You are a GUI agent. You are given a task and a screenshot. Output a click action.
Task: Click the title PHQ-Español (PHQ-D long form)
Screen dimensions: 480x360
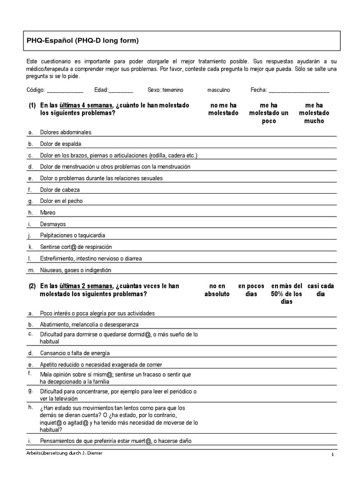(x=82, y=41)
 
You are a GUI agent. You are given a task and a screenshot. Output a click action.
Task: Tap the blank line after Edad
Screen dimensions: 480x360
(x=121, y=90)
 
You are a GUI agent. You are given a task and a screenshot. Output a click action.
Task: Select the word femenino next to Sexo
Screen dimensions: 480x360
(x=173, y=90)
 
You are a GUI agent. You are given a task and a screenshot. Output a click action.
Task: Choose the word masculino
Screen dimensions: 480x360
(x=219, y=90)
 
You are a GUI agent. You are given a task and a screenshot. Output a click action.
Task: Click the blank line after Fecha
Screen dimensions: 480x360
(x=299, y=90)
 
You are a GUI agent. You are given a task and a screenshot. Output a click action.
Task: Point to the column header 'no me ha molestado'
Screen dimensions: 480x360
(x=223, y=109)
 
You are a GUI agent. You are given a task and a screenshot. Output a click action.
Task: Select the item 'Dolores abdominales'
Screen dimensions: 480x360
(x=66, y=132)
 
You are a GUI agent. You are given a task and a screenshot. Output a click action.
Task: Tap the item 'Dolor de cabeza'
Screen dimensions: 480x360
(x=60, y=190)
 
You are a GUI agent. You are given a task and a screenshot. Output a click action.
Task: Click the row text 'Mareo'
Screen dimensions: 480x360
(x=48, y=213)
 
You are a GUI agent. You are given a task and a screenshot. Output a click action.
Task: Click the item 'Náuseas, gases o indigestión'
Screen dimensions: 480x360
(x=75, y=270)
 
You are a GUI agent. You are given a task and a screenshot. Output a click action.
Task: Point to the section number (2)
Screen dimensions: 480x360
(x=32, y=286)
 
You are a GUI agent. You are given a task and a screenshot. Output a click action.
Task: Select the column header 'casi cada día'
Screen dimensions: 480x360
(x=321, y=290)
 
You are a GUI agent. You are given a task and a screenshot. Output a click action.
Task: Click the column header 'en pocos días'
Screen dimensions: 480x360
(x=251, y=290)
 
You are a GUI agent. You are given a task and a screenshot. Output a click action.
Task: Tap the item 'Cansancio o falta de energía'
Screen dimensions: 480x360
(x=75, y=353)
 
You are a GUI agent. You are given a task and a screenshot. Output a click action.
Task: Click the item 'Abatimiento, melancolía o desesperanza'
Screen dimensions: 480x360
(x=89, y=324)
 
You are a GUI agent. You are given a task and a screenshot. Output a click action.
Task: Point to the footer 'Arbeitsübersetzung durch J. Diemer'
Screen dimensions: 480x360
(x=65, y=454)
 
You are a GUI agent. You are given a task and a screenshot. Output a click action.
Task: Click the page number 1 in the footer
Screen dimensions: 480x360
(x=332, y=455)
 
